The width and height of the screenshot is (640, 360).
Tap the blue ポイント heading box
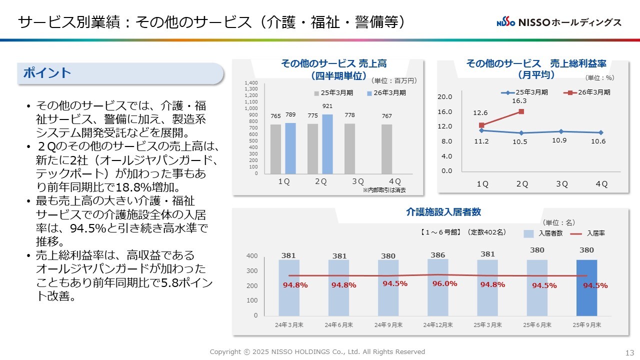point(120,73)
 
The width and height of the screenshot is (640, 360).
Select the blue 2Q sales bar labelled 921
point(327,144)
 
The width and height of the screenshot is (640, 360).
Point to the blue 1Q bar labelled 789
point(290,148)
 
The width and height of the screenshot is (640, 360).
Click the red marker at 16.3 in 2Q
point(521,111)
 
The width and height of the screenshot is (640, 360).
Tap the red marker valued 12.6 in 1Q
point(481,125)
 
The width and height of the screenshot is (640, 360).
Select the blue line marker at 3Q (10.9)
point(561,131)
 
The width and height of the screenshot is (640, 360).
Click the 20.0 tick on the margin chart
point(445,97)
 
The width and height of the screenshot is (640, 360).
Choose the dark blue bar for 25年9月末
point(586,287)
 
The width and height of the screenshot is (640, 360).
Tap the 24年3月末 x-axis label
point(288,324)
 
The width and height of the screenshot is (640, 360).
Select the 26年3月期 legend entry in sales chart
point(387,93)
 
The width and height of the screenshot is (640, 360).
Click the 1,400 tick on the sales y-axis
point(251,82)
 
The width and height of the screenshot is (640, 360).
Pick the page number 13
point(629,352)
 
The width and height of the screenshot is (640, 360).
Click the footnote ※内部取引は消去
point(384,190)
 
